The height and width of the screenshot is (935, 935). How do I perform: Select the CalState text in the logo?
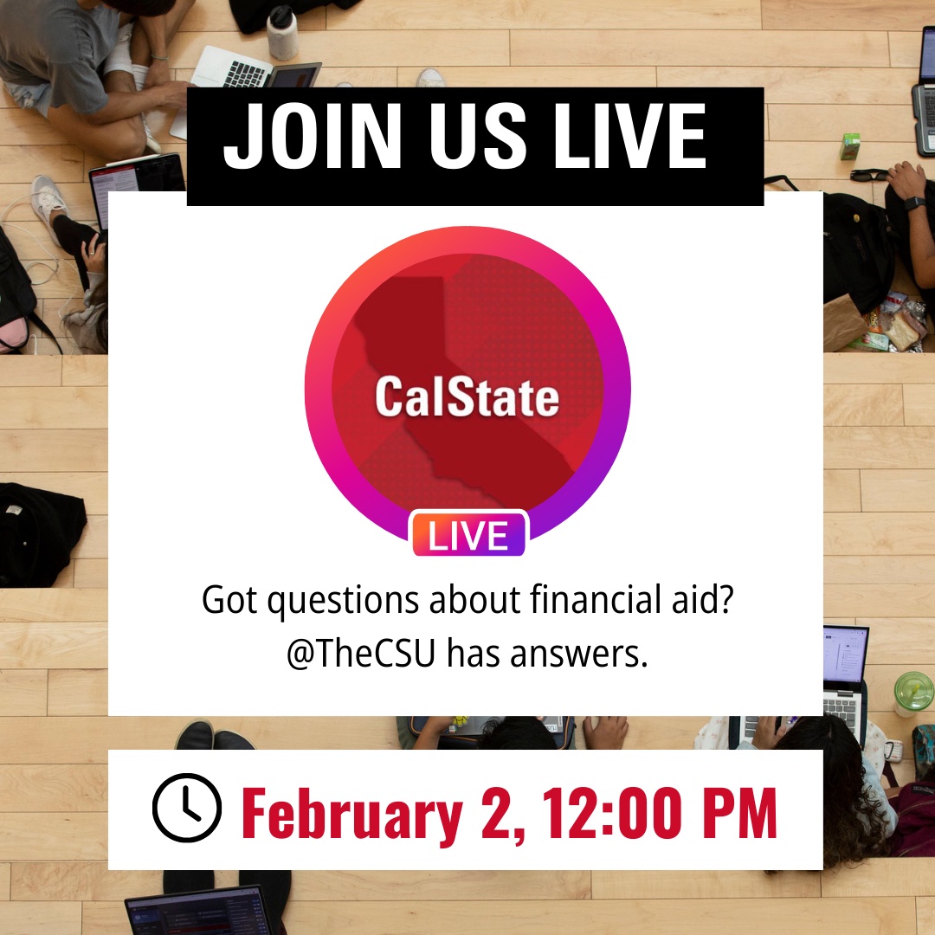[467, 398]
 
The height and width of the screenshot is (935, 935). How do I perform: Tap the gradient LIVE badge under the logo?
[468, 536]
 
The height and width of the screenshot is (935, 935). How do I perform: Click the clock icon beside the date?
[187, 809]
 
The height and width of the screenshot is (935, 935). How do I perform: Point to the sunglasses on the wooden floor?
[868, 175]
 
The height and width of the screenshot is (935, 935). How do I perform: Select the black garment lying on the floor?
[39, 532]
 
